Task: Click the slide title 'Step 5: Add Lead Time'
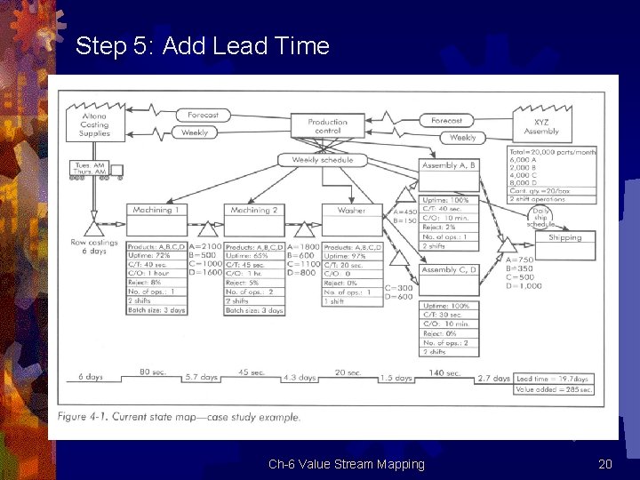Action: pyautogui.click(x=202, y=46)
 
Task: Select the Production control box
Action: pyautogui.click(x=327, y=126)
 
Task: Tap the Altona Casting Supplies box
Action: pyautogui.click(x=94, y=124)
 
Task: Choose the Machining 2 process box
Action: pyautogui.click(x=254, y=211)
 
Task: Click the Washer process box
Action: pyautogui.click(x=351, y=211)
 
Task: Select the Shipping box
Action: pyautogui.click(x=564, y=237)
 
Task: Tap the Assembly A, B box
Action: pyautogui.click(x=449, y=165)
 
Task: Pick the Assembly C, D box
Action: pyautogui.click(x=449, y=270)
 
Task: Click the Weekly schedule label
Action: pyautogui.click(x=322, y=160)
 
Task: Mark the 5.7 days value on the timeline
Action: pyautogui.click(x=201, y=378)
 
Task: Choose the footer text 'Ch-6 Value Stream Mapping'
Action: pyautogui.click(x=347, y=464)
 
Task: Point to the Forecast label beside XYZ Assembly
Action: pyautogui.click(x=446, y=121)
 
